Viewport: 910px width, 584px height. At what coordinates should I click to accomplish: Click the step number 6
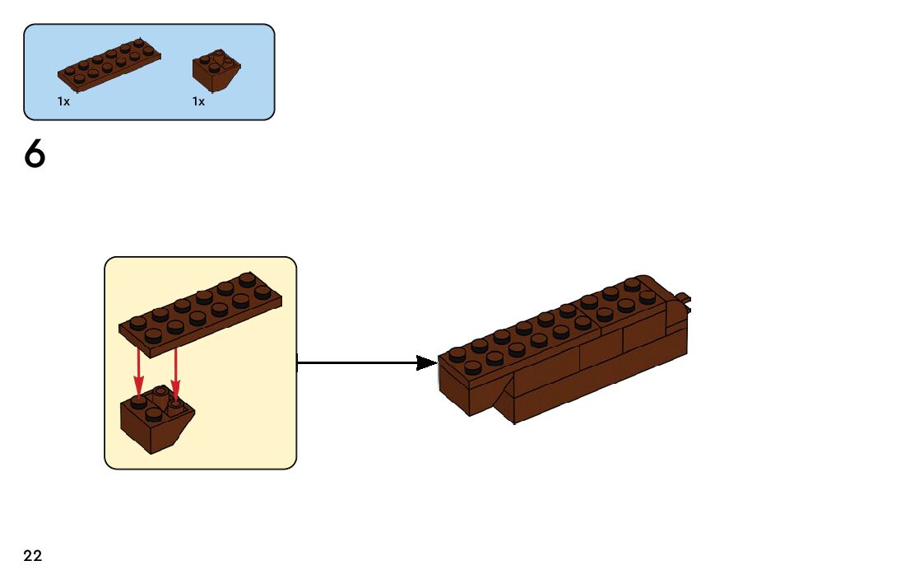click(35, 155)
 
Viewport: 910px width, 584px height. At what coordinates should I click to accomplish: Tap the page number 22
click(33, 556)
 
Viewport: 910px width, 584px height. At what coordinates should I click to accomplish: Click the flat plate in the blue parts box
click(109, 63)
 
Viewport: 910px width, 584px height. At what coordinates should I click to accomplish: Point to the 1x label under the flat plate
click(63, 101)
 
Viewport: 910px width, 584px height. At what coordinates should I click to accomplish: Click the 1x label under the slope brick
click(198, 101)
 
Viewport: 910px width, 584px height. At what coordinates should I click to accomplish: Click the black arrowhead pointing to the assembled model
click(425, 362)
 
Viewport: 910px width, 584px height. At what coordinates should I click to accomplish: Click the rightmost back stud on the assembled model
click(632, 283)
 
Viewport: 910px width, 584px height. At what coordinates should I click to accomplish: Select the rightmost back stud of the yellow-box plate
click(246, 278)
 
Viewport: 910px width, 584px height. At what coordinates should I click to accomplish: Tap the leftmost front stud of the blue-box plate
click(80, 79)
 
